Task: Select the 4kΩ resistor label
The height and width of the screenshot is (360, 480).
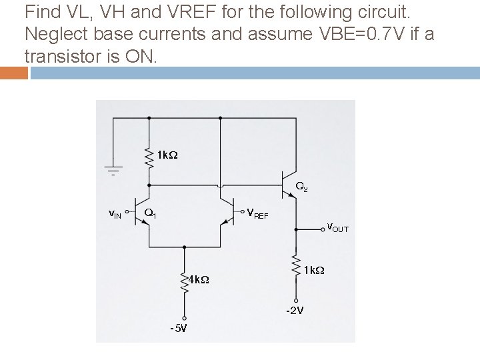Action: (199, 279)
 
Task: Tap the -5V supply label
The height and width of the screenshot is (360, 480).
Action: (179, 329)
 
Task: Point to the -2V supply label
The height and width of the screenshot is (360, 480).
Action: (295, 311)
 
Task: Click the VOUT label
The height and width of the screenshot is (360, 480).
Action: (337, 228)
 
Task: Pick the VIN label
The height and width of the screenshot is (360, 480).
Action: (115, 214)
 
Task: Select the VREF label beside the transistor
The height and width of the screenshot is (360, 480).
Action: (257, 213)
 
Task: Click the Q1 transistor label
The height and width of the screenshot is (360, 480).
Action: (150, 213)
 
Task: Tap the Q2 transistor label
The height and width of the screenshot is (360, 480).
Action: (301, 187)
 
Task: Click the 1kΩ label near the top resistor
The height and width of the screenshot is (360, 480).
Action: (167, 155)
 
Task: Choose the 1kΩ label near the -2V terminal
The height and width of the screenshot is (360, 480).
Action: (314, 270)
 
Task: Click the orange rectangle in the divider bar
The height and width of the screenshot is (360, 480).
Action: (14, 73)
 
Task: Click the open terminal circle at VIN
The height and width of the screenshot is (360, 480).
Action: (127, 211)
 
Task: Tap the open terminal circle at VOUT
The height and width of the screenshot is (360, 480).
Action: (323, 229)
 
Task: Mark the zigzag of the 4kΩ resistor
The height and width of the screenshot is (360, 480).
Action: (184, 281)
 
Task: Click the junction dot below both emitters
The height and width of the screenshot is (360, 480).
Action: (184, 247)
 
